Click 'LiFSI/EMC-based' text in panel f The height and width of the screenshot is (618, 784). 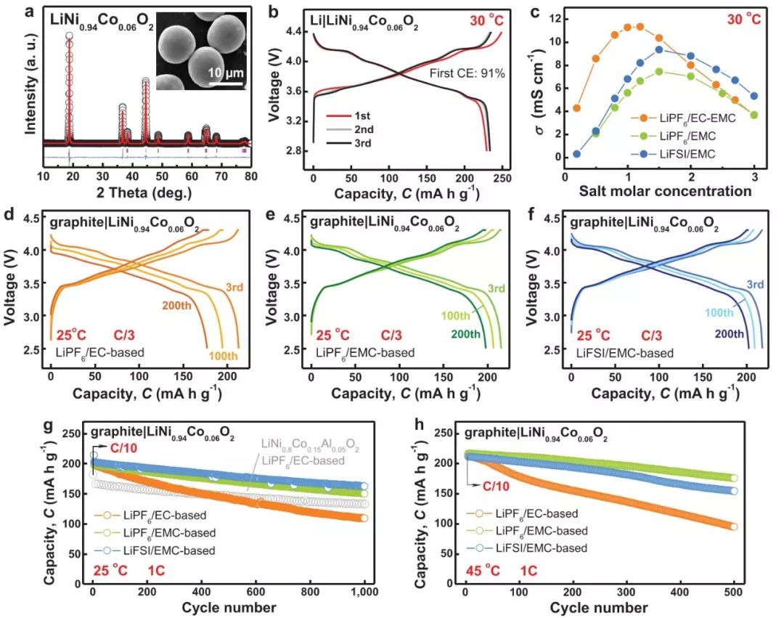click(616, 353)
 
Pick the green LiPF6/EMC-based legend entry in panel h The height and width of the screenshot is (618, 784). click(538, 531)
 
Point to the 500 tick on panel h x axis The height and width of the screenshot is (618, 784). click(734, 592)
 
